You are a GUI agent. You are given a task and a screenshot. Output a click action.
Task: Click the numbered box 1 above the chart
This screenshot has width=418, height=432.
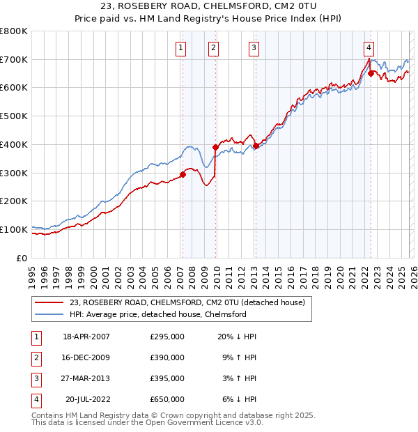(180, 48)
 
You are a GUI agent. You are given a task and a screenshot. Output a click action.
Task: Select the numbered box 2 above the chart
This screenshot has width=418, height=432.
(213, 48)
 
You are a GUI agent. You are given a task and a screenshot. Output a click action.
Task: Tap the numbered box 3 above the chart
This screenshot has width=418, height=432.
(254, 48)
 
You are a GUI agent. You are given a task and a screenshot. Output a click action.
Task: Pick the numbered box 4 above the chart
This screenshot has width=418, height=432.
(368, 48)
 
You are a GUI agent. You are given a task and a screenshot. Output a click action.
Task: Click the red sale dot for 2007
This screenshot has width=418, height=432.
(183, 174)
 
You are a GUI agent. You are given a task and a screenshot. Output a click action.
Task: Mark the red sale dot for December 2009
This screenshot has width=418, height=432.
(215, 147)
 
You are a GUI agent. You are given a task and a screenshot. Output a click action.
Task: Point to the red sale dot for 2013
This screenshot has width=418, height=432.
(256, 146)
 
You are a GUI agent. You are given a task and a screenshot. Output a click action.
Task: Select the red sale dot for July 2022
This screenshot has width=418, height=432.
(371, 72)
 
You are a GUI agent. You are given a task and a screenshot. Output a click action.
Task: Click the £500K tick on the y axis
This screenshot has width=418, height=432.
(14, 116)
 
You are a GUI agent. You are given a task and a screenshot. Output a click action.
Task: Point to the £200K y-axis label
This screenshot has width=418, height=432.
(14, 201)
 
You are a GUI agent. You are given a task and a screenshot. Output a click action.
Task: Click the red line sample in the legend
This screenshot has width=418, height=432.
(50, 302)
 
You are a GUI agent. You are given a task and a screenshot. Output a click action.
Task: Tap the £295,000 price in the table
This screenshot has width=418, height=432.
(167, 337)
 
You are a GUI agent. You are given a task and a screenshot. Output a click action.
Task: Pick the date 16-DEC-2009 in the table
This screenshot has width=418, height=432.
(86, 357)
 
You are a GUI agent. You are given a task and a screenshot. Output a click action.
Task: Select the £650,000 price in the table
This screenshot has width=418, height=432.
(167, 399)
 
